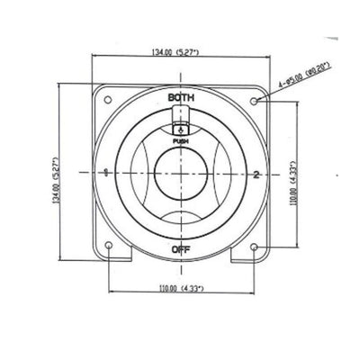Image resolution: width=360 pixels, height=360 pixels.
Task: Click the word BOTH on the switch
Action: (x=181, y=97)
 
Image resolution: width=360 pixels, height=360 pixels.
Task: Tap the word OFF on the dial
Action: (x=181, y=249)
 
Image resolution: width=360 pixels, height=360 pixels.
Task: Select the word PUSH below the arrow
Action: (x=181, y=140)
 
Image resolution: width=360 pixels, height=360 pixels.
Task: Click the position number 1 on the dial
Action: (x=105, y=172)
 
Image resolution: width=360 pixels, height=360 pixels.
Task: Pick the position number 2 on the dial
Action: (x=256, y=175)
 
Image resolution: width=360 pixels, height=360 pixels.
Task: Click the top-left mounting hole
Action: (x=107, y=99)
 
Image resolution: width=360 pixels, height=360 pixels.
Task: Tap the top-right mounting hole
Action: (x=254, y=101)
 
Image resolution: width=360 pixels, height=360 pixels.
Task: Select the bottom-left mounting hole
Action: (x=109, y=246)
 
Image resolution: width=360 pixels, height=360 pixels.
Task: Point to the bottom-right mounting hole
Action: (x=254, y=247)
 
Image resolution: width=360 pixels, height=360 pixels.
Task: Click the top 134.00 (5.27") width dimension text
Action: (x=175, y=52)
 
